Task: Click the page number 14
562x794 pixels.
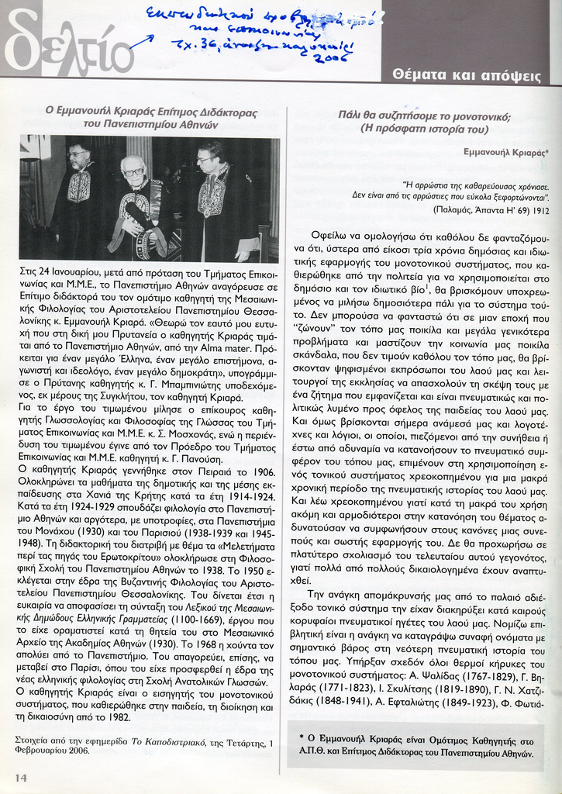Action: pyautogui.click(x=20, y=777)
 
